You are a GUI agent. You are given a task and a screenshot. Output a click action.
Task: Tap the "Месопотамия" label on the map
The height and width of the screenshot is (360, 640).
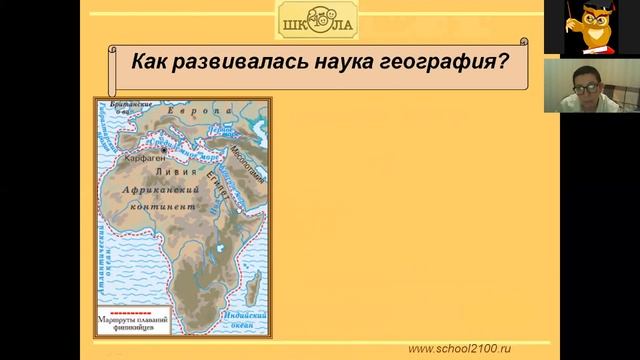246,156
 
